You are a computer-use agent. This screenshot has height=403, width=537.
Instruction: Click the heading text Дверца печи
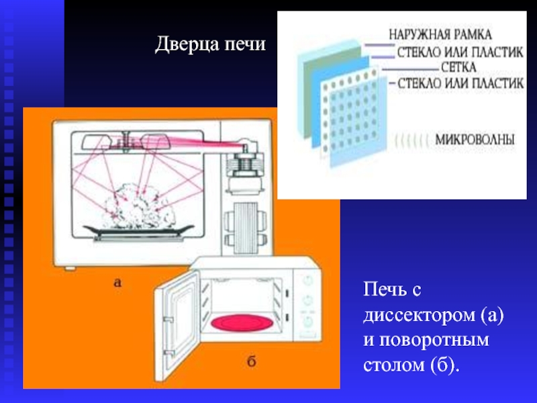211,46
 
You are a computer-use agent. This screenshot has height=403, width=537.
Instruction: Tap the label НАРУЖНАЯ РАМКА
440,32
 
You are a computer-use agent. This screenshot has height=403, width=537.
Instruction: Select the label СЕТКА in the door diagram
459,67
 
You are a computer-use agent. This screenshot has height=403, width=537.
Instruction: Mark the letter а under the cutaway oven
117,283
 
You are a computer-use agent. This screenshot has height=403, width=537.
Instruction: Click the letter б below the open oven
250,363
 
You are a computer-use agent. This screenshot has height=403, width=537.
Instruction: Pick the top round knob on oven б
307,279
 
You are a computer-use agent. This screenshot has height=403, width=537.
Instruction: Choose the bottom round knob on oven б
307,320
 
